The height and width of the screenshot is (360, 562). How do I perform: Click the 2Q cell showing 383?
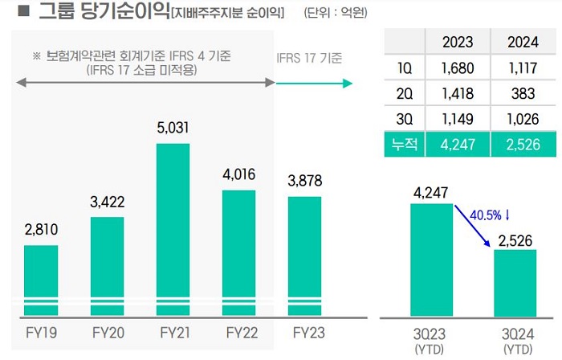(522, 95)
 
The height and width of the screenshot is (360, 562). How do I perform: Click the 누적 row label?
(405, 146)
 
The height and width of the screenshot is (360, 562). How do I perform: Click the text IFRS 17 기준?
(309, 59)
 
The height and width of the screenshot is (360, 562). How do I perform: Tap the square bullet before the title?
(23, 12)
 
